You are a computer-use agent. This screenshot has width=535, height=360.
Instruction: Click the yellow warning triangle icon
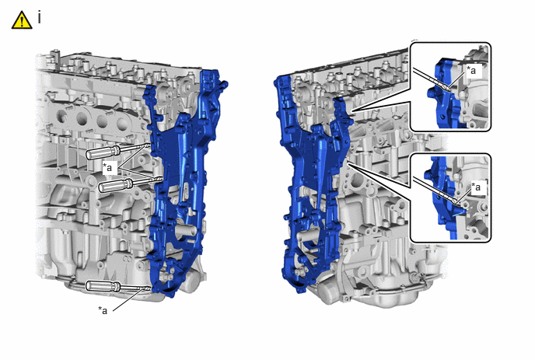22,20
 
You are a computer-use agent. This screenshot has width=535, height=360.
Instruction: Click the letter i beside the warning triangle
40,17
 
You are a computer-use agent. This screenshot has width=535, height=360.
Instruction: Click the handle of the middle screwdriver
115,186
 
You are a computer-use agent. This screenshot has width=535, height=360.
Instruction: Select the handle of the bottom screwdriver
103,286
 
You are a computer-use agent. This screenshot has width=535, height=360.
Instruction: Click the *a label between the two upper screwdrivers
109,167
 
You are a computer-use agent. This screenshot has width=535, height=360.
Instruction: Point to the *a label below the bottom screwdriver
103,309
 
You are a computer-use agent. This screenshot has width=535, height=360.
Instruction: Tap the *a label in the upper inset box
471,70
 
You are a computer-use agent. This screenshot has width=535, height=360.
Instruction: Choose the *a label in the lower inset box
476,187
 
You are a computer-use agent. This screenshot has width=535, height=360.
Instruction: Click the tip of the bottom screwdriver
151,288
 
